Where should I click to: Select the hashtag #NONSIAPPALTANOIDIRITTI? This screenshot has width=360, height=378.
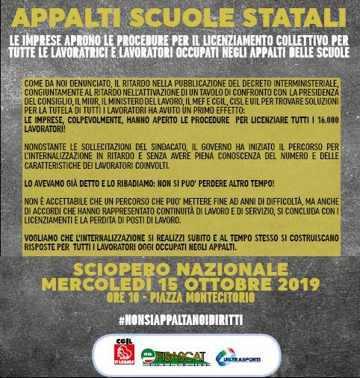[180, 319]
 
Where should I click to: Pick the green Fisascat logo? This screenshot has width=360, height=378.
[169, 353]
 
